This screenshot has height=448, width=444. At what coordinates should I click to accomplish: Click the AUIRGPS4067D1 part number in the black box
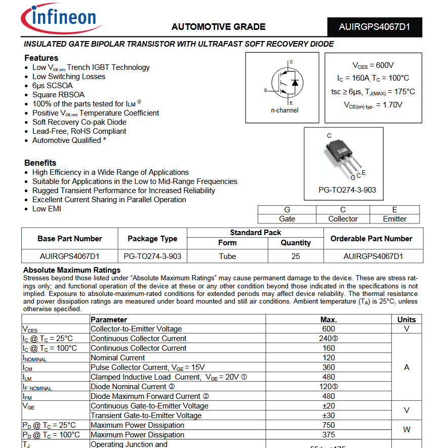point(374,27)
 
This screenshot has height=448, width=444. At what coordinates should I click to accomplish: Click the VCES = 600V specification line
point(373,65)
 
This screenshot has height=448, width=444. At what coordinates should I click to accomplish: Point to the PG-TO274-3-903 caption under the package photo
point(347,190)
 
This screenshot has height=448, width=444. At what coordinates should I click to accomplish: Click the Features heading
point(42,58)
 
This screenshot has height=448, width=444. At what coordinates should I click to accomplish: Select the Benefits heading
point(41,163)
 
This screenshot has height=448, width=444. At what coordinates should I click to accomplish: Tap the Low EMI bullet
point(47,208)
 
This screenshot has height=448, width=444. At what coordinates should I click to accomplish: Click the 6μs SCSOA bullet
point(52,86)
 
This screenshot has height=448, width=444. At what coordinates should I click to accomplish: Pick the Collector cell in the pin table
point(343,219)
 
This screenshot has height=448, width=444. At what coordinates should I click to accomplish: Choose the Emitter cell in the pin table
point(394,219)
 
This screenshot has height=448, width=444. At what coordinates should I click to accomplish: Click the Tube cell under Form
point(227,256)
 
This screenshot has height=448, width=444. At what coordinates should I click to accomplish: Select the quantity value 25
point(296,256)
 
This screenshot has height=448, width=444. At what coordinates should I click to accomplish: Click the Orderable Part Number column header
point(371,238)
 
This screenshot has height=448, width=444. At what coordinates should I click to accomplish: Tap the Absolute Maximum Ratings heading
point(72,270)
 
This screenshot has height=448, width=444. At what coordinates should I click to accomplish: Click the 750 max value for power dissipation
point(329,425)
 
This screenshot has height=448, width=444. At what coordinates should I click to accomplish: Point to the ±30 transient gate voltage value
point(329,416)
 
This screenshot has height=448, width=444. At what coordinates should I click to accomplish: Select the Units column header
point(407,319)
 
